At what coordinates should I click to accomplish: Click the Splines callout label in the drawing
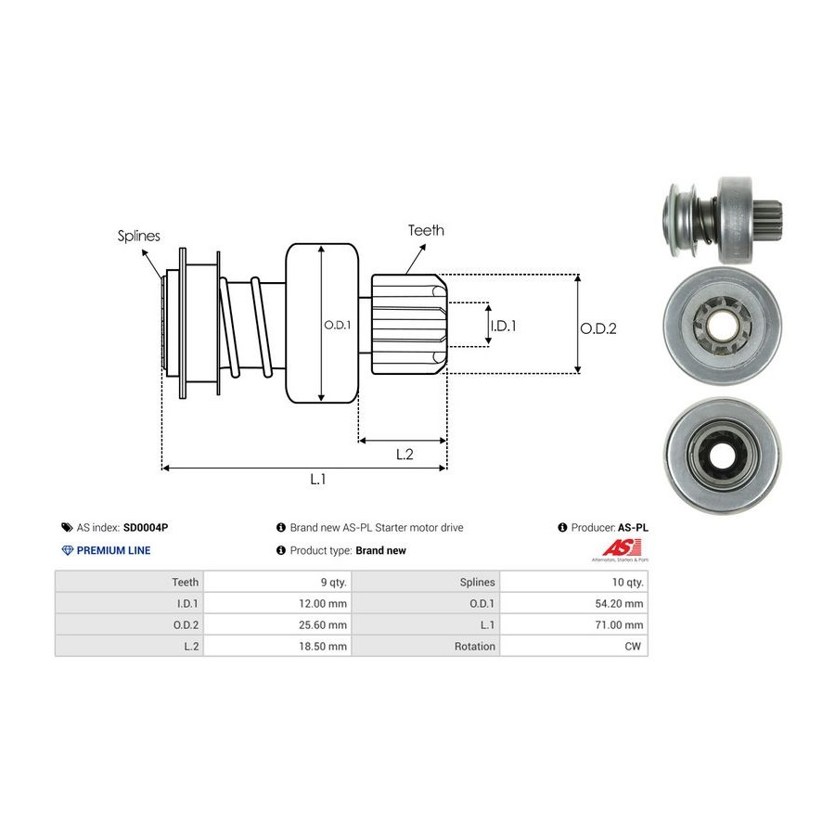(x=138, y=236)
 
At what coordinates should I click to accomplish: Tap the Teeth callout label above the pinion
(x=426, y=230)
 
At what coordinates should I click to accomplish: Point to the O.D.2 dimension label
(x=598, y=328)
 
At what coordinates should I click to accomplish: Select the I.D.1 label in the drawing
(x=503, y=326)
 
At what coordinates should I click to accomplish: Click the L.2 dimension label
(x=405, y=454)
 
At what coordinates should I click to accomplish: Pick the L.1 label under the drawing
(x=317, y=479)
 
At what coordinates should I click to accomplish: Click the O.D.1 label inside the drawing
(x=336, y=325)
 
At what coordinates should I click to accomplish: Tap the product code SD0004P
(x=146, y=527)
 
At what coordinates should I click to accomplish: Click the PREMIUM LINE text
(x=113, y=550)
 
